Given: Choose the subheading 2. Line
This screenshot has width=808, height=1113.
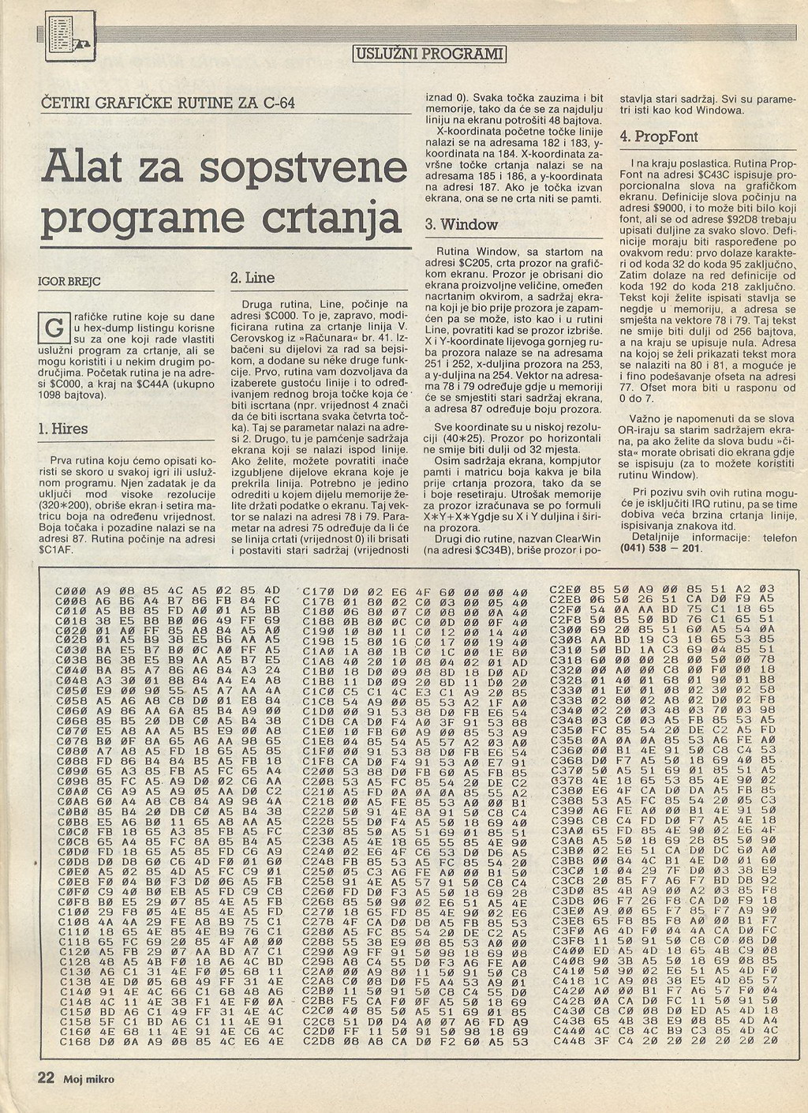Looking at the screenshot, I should [252, 278].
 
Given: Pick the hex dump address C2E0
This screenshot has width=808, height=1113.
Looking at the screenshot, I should [565, 589].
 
